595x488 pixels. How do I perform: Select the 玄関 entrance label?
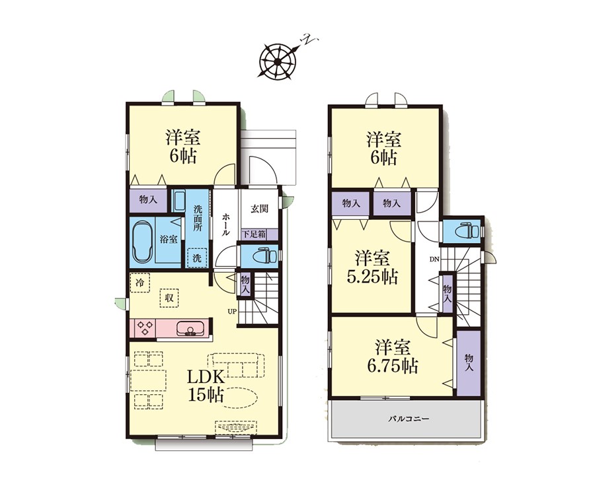pyautogui.click(x=260, y=209)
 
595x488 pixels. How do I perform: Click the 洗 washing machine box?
pyautogui.click(x=197, y=258)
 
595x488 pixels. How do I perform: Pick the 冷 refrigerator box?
pyautogui.click(x=140, y=283)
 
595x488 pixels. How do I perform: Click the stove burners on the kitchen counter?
pyautogui.click(x=145, y=328)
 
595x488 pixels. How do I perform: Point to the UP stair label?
pyautogui.click(x=232, y=312)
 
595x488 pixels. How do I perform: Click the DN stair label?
pyautogui.click(x=434, y=260)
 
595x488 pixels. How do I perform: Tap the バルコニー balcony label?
pyautogui.click(x=409, y=419)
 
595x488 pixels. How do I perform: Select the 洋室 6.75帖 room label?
pyautogui.click(x=392, y=356)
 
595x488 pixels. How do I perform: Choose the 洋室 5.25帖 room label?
pyautogui.click(x=372, y=267)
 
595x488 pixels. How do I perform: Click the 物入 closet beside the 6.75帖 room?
pyautogui.click(x=469, y=363)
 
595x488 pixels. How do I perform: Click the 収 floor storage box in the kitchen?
pyautogui.click(x=169, y=298)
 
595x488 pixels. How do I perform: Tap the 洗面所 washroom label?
pyautogui.click(x=198, y=218)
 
